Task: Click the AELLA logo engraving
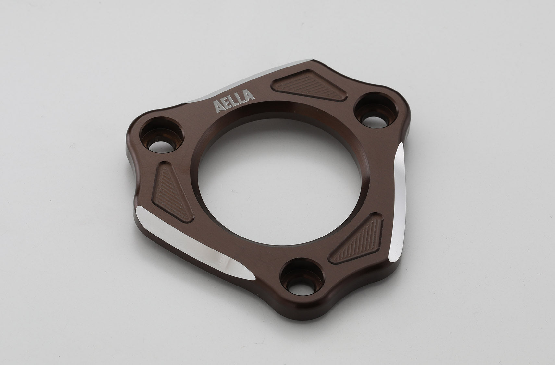[x=234, y=101]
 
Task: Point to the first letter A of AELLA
[x=218, y=106]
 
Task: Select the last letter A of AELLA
[x=249, y=95]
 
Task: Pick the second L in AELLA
[x=240, y=98]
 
